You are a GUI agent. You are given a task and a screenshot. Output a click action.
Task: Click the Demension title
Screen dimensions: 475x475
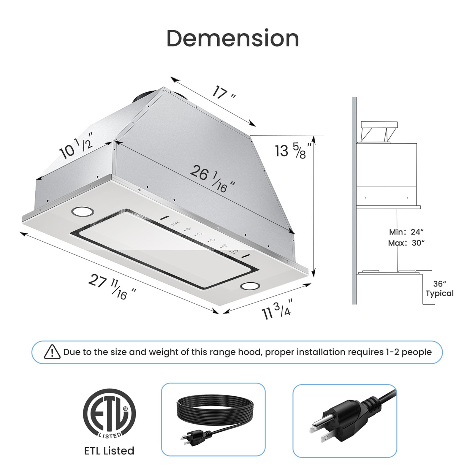point(232,39)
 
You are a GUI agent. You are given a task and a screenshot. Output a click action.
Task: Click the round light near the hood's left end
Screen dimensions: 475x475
point(83,212)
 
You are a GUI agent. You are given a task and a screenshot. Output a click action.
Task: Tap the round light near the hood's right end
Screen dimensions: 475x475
point(250,286)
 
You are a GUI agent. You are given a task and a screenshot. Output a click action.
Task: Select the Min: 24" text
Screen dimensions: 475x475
point(406,232)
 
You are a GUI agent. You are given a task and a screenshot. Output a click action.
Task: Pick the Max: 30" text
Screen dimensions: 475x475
point(406,243)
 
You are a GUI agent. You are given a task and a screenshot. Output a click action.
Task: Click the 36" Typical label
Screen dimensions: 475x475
point(439,289)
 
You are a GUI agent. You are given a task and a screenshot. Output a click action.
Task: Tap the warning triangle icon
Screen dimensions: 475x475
point(52,352)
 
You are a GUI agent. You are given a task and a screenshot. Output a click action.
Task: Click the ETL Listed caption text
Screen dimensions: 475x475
point(109,451)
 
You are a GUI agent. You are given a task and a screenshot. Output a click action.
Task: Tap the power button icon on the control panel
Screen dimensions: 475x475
point(235,251)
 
